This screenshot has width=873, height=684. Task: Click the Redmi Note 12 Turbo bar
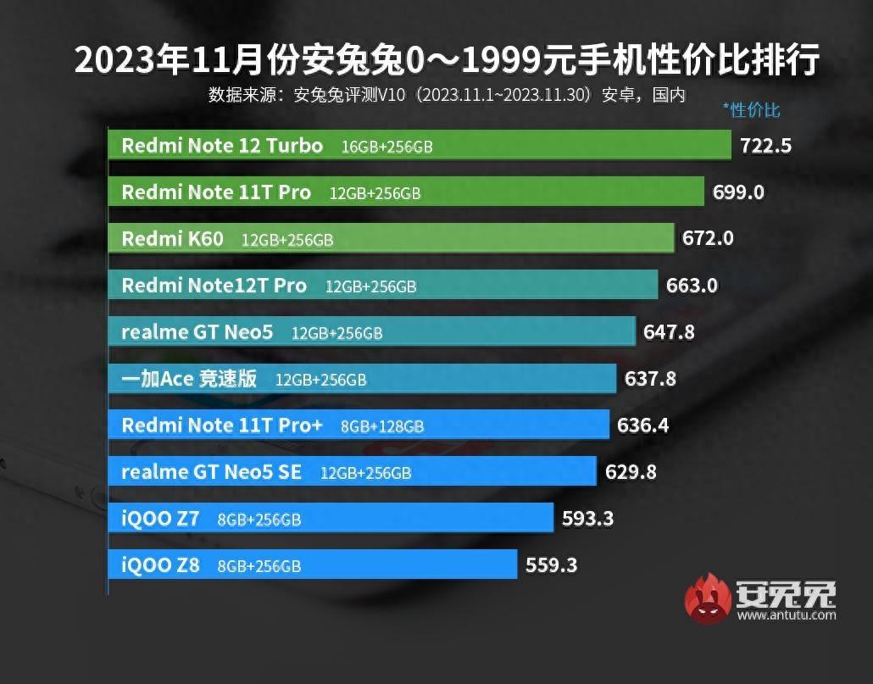pos(420,145)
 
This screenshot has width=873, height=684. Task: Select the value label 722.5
pos(765,146)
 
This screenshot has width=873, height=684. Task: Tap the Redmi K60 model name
pos(172,239)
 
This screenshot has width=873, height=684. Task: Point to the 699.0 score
pos(738,192)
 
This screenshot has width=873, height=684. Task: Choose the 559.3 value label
pos(551,564)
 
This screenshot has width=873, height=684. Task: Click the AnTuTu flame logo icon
pos(708,598)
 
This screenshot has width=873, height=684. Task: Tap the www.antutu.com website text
pos(787,614)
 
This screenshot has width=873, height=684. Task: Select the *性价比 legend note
pos(751,109)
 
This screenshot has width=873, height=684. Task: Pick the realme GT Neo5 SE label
pos(211,472)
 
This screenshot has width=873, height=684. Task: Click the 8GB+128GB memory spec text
pos(382,426)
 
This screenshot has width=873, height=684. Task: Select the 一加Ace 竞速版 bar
pos(362,379)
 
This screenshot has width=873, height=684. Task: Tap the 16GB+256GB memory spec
pos(386,147)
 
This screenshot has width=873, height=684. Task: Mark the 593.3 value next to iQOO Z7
pos(587,518)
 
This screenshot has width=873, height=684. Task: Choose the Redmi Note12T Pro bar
pos(383,286)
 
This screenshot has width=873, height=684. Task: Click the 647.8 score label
pos(669,332)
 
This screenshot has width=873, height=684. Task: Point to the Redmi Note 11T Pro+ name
pos(222,425)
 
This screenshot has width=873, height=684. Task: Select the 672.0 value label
pos(708,239)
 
